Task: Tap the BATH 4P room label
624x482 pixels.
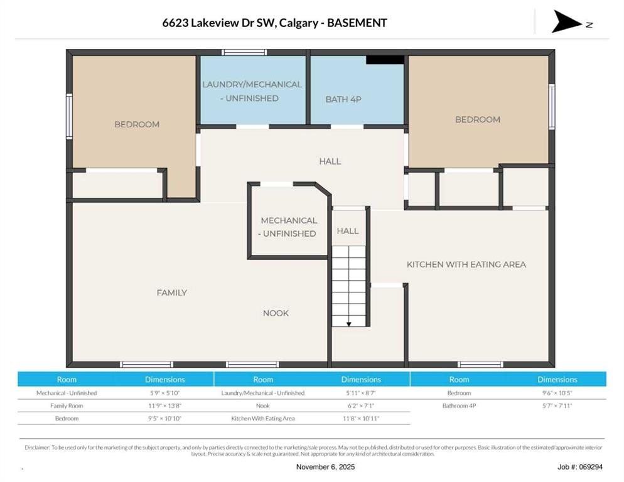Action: tap(343, 100)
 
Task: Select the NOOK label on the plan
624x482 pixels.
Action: tap(276, 313)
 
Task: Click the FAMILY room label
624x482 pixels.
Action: tap(171, 293)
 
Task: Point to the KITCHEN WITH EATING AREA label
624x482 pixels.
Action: tap(466, 265)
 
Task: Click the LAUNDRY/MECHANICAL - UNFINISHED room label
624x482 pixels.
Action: tap(252, 91)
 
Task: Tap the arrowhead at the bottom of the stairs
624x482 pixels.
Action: tap(348, 324)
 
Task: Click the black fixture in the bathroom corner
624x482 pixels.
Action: tap(385, 60)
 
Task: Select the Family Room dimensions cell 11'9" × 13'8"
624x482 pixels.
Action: tap(164, 406)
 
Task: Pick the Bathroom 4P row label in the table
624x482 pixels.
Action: tap(459, 406)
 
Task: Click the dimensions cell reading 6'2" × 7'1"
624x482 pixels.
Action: tap(361, 406)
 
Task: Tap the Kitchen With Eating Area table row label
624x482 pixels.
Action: tap(263, 419)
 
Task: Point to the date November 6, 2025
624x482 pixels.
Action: tap(326, 467)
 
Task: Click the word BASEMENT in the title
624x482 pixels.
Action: tap(357, 23)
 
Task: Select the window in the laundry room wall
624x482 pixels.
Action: tap(244, 52)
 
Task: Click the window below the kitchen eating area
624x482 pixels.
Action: tap(480, 364)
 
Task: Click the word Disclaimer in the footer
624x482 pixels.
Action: tap(37, 447)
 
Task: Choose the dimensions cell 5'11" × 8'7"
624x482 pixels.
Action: tap(361, 394)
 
